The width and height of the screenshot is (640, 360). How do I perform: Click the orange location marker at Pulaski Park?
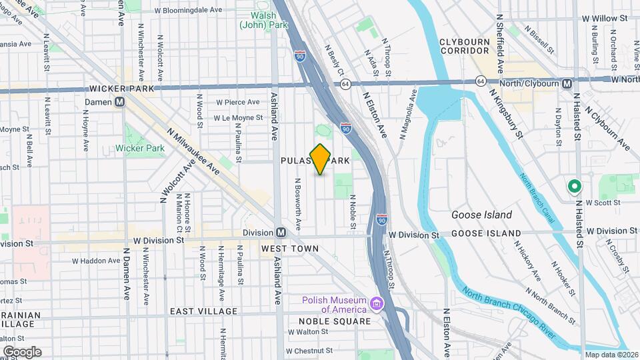click(x=321, y=159)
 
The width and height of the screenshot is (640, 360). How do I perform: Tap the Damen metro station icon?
click(x=120, y=102)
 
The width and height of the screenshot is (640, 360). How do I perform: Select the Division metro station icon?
click(x=281, y=232)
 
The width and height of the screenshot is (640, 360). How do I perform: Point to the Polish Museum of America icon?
click(x=377, y=304)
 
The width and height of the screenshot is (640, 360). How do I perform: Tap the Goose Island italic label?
click(x=481, y=215)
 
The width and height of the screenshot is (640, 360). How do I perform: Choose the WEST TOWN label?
click(x=289, y=249)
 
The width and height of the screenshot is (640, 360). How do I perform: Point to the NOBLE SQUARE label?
click(x=334, y=321)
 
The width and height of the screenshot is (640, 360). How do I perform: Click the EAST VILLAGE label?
click(x=203, y=311)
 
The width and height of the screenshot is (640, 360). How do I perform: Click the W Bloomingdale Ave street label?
click(x=188, y=11)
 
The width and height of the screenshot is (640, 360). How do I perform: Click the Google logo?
click(x=22, y=351)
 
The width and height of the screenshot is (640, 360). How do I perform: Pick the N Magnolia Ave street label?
click(x=408, y=114)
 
